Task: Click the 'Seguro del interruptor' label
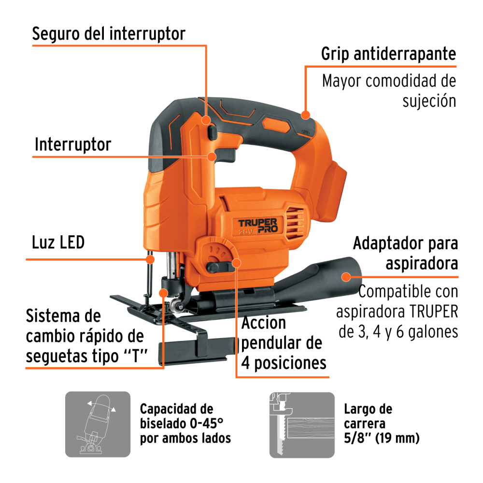(x=109, y=34)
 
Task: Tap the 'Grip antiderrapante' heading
(x=388, y=54)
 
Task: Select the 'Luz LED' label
(x=58, y=242)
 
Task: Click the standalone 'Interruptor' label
(x=73, y=144)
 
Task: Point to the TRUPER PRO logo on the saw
(x=258, y=226)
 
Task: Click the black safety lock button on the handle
(x=212, y=132)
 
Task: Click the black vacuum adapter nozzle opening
(x=351, y=274)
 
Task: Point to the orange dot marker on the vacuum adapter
(x=346, y=277)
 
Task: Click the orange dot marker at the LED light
(x=150, y=259)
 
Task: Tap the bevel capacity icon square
(x=98, y=424)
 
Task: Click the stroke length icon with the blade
(x=302, y=425)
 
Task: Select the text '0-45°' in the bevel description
(x=207, y=424)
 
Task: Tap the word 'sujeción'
(x=429, y=101)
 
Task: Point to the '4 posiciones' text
(x=284, y=363)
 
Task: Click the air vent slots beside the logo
(x=295, y=223)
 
